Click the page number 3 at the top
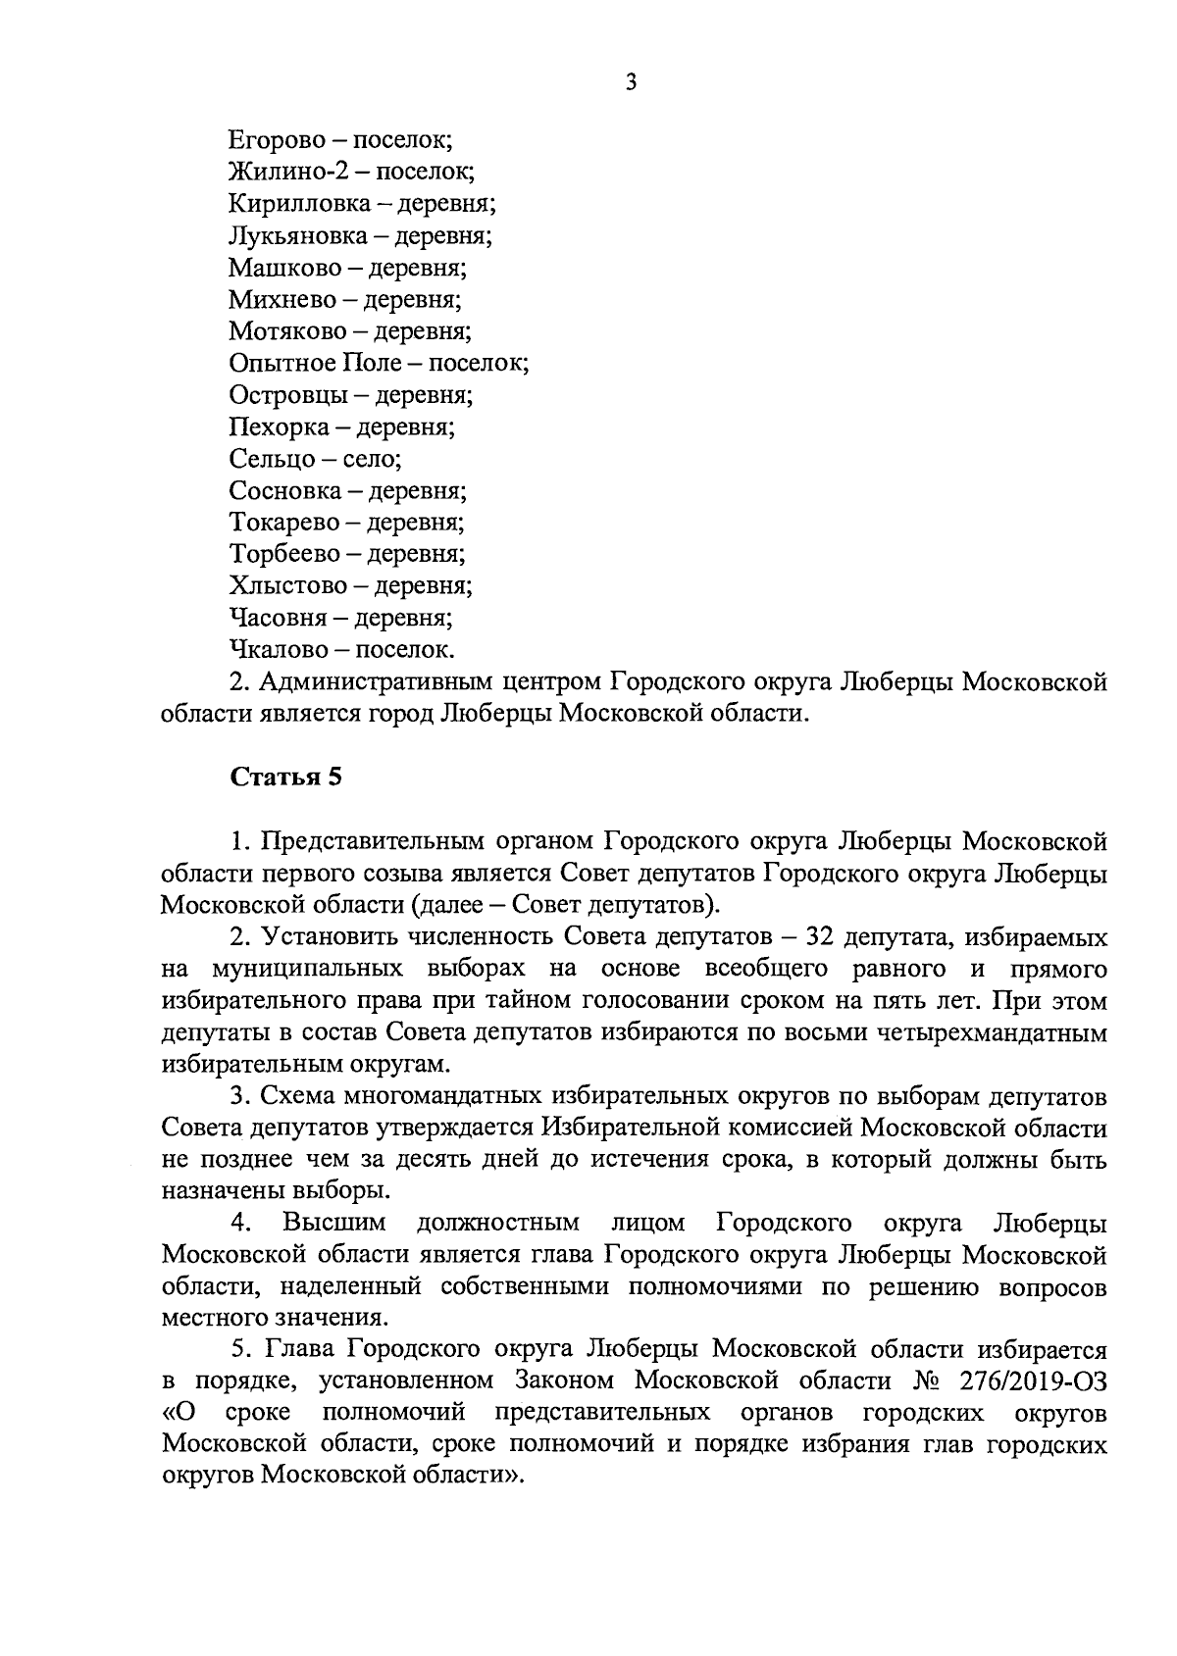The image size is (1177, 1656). click(x=631, y=83)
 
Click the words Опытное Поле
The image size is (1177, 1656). click(x=315, y=364)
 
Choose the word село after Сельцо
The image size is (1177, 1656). click(x=371, y=459)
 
